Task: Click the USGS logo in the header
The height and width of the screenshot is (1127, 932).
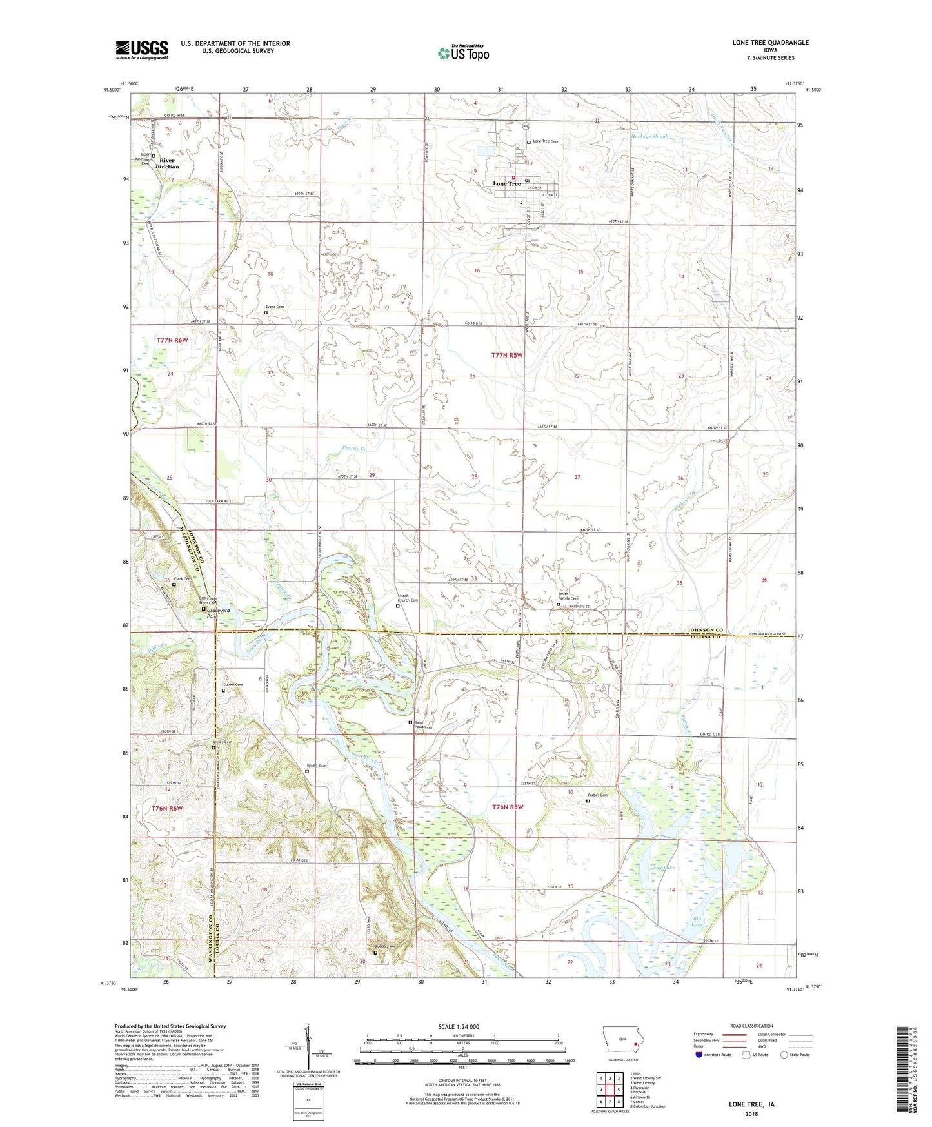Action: coord(142,50)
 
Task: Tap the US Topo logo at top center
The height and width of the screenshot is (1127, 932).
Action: coord(463,53)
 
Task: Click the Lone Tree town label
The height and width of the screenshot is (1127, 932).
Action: coord(506,184)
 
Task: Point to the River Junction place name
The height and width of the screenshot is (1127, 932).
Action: coord(167,163)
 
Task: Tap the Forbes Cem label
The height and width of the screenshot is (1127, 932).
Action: coord(597,795)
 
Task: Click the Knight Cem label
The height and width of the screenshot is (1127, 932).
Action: coord(317,766)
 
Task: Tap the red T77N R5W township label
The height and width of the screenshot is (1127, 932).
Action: coord(507,355)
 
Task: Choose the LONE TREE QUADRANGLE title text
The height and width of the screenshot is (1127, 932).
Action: coord(770,43)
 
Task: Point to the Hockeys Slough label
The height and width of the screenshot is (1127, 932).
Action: coord(649,137)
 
